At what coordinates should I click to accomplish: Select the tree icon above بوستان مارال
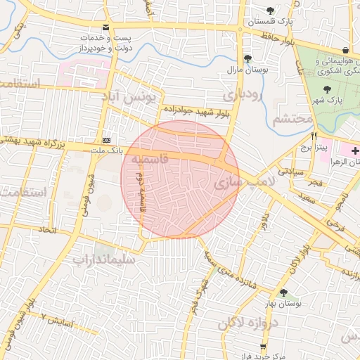[x=247, y=59]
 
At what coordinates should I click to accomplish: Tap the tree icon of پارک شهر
[x=327, y=89]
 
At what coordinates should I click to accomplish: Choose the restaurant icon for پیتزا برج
[x=314, y=136]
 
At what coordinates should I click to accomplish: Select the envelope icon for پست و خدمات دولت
[x=105, y=27]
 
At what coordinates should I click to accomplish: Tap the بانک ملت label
[x=107, y=150]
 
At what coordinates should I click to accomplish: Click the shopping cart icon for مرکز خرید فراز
[x=263, y=347]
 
